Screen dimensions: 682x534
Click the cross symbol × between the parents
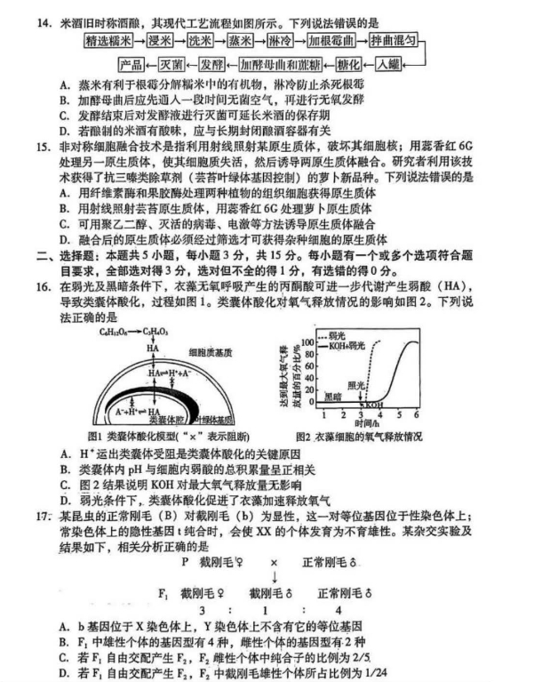[x=275, y=563]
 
